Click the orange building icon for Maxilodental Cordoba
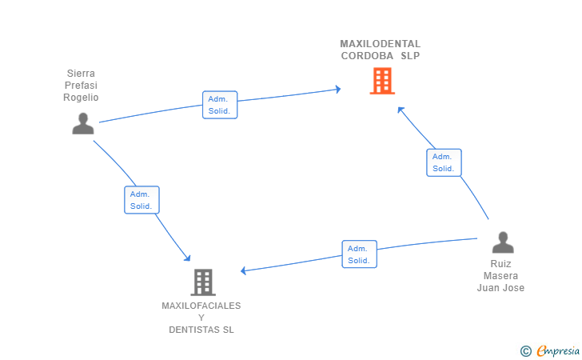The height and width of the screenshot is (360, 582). click(x=382, y=81)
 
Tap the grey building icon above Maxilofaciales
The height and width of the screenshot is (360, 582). click(x=203, y=282)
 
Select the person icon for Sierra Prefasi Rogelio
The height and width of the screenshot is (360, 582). click(x=83, y=123)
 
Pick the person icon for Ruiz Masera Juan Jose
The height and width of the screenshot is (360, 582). click(x=503, y=242)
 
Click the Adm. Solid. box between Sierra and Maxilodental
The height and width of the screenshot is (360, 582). click(x=220, y=105)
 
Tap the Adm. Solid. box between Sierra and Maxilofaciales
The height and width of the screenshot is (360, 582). click(x=142, y=200)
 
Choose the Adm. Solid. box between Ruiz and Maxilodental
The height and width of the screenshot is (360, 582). click(x=444, y=162)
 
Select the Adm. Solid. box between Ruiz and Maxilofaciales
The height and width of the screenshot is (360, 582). click(x=359, y=254)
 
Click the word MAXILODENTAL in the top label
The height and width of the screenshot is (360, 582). click(x=380, y=44)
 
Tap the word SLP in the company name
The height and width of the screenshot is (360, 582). click(x=410, y=56)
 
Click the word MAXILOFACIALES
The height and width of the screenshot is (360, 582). click(x=201, y=306)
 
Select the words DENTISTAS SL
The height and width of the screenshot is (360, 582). click(x=201, y=330)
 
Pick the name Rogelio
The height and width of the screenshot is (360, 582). click(x=81, y=98)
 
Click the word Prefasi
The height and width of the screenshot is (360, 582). click(x=81, y=86)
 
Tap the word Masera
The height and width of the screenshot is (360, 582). click(x=500, y=276)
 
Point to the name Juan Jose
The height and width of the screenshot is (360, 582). click(x=500, y=288)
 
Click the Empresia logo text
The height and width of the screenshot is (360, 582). click(x=558, y=351)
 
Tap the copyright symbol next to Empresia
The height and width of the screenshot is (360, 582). click(x=525, y=351)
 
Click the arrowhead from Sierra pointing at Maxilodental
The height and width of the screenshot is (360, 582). click(x=337, y=89)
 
